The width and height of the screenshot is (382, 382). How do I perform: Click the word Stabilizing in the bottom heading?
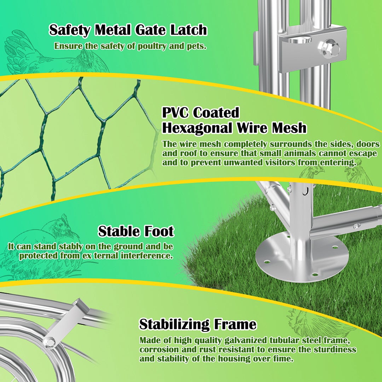click(x=174, y=324)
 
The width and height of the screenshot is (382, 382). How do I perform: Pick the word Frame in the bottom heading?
click(x=235, y=324)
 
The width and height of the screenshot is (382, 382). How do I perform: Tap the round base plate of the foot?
click(x=302, y=257)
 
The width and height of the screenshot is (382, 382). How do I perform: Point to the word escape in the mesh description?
click(x=363, y=154)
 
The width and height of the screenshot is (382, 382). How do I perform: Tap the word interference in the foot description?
click(x=147, y=256)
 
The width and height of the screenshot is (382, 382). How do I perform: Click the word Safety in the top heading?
click(x=70, y=30)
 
